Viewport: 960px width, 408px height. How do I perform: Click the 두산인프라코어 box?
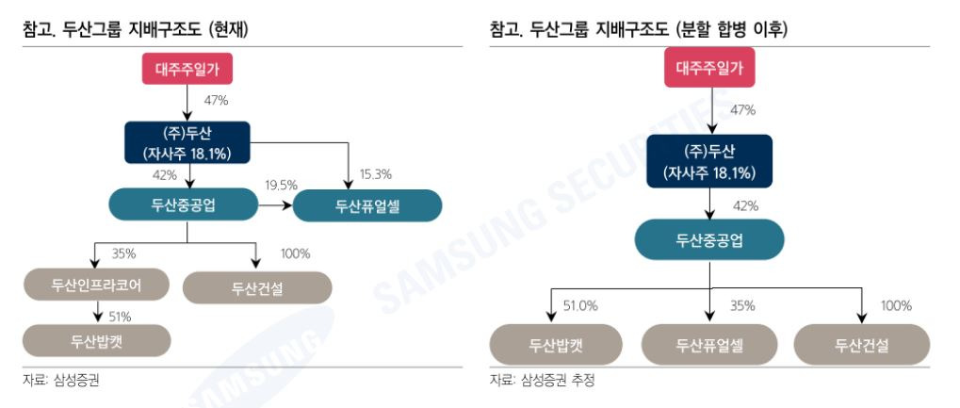point(96,284)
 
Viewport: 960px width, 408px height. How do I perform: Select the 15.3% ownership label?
point(375,174)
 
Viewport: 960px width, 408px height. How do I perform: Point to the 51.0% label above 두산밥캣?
point(581,305)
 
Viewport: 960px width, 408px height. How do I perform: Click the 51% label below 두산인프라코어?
point(120,317)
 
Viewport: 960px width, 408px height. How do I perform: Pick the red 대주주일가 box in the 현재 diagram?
point(187,68)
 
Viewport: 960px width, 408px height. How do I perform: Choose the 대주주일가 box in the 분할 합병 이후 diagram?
point(709,68)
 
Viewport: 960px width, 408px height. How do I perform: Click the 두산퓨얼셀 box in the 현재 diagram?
point(367,205)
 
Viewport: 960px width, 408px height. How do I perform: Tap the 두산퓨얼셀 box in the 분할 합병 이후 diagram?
point(708,345)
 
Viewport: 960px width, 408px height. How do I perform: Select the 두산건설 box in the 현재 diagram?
point(257,288)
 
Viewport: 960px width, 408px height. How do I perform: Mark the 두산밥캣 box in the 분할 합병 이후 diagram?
point(556,345)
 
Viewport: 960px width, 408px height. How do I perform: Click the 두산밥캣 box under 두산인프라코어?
point(96,340)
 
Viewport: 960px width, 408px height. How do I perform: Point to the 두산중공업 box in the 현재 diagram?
point(183,204)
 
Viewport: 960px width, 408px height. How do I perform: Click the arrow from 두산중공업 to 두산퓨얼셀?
point(275,204)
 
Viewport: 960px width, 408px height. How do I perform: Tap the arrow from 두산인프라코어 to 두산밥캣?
point(97,311)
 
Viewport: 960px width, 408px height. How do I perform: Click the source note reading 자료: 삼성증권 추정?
point(542,380)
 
